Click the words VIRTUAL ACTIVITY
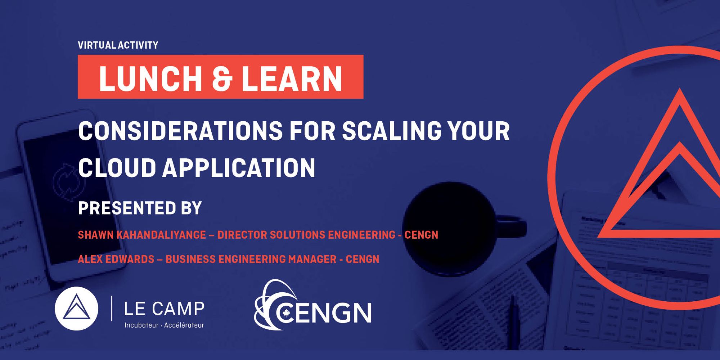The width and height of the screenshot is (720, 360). (x=118, y=45)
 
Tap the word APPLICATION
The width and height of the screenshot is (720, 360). (x=239, y=167)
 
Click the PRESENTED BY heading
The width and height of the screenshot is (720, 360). (x=140, y=208)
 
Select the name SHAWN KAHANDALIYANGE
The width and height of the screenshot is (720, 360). (x=142, y=235)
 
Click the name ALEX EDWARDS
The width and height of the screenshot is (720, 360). (x=116, y=259)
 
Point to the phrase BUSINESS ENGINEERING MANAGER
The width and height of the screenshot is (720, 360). (x=251, y=259)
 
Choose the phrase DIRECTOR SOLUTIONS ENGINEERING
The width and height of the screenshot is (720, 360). (x=306, y=235)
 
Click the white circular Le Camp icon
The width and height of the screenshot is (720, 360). (x=76, y=309)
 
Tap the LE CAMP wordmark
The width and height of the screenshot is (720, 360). (x=164, y=309)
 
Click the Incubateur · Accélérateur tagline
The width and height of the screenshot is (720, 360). (x=164, y=325)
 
